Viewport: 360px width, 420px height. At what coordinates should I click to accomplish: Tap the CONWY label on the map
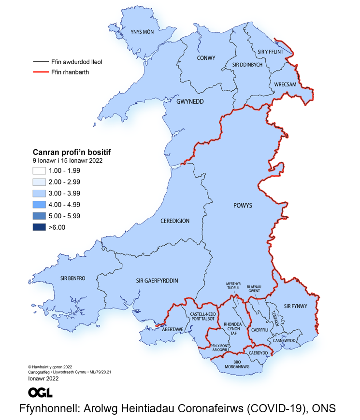[206, 58]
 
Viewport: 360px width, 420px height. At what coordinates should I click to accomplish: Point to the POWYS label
[243, 206]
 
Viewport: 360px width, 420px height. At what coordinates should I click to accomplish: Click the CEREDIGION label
[175, 221]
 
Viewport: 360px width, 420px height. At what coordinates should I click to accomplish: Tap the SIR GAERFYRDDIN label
[158, 280]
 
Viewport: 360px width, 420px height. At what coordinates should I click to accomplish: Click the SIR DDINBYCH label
[247, 65]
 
